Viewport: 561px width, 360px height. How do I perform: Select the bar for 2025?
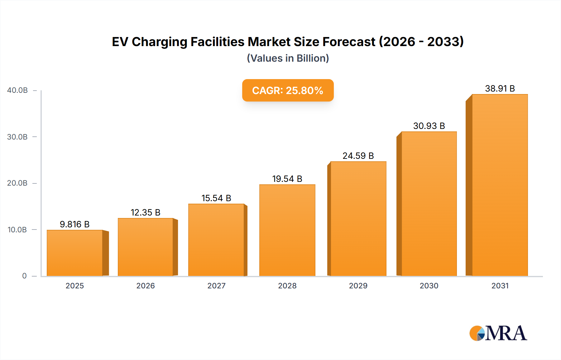pos(75,253)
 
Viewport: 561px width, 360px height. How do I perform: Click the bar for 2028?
pos(287,230)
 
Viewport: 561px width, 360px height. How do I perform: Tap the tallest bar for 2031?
pos(500,185)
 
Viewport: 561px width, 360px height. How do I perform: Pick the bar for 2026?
pos(145,247)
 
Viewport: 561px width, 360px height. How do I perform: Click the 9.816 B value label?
pos(74,224)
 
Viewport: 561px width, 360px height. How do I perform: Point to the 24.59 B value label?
pos(358,156)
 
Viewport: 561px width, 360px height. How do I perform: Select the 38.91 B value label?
pos(500,88)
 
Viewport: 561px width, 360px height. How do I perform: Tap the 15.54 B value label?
pos(216,198)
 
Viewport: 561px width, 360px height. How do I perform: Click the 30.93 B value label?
pos(429,126)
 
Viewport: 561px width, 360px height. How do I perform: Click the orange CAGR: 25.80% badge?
pos(288,90)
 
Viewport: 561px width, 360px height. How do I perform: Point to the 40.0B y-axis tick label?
pos(17,90)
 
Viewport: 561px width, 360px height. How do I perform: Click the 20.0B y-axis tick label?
pos(17,183)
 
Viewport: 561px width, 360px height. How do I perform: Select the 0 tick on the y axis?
pos(24,276)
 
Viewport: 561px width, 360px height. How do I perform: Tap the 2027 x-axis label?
pos(216,286)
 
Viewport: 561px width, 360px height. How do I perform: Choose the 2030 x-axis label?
pos(429,286)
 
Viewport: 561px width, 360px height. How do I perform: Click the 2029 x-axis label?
pos(358,286)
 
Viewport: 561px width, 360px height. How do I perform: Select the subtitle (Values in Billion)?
pos(288,58)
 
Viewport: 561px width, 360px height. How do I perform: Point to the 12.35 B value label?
pos(145,212)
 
